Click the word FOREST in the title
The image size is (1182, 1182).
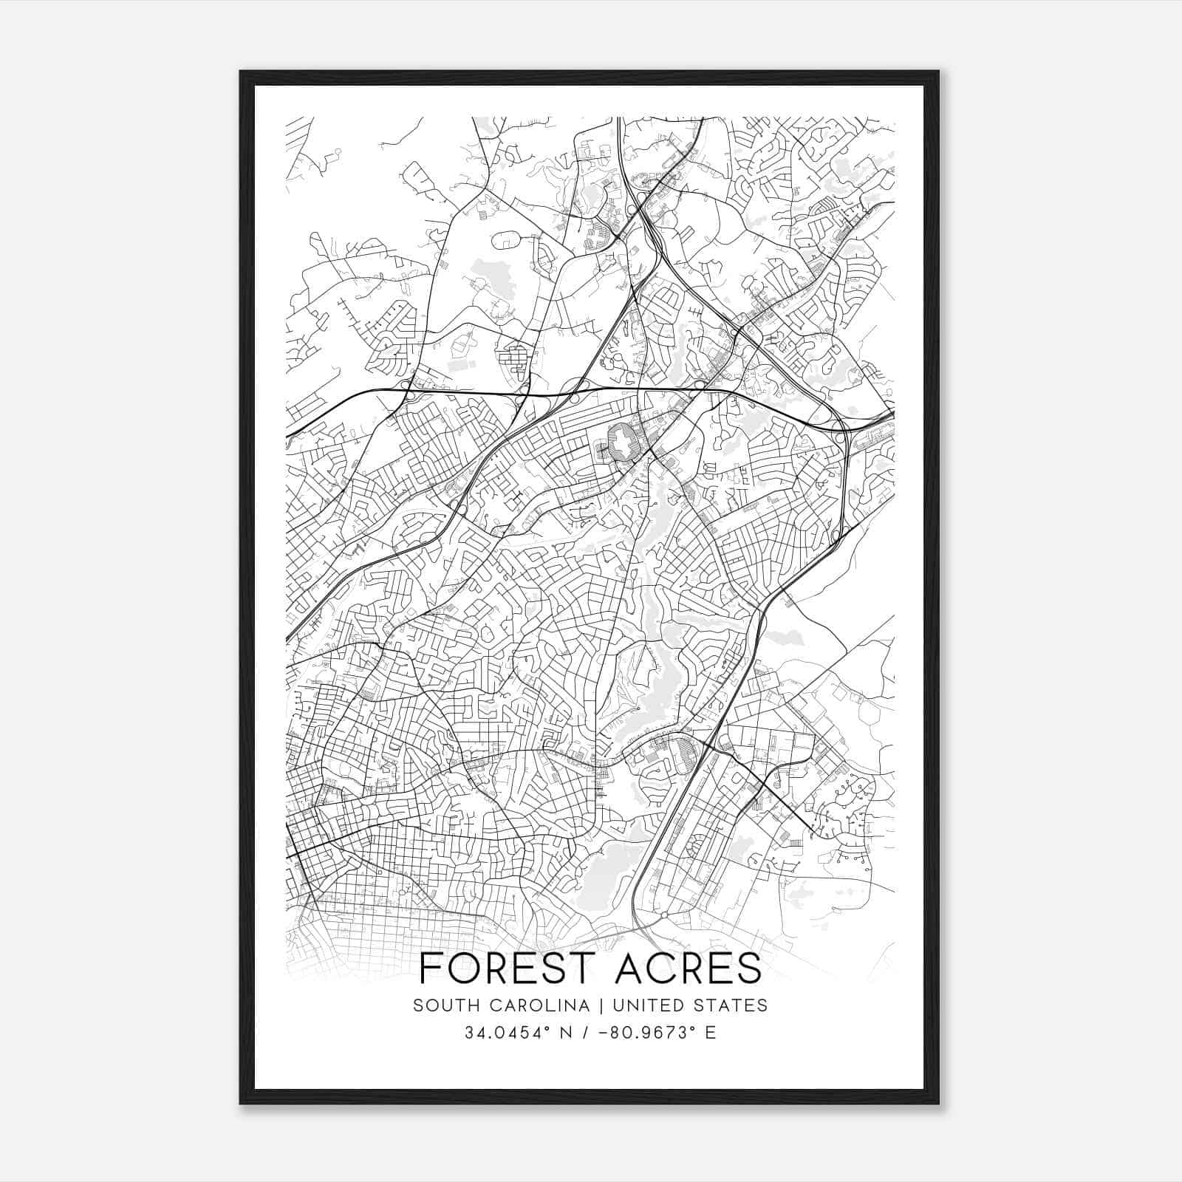493,969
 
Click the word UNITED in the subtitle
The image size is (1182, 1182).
648,1005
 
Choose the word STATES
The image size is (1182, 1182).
733,1005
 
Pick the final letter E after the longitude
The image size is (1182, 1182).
711,1033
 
